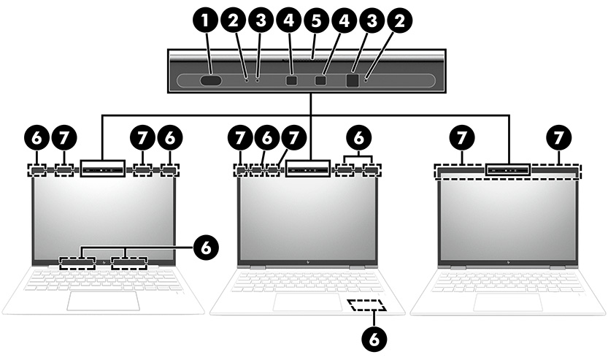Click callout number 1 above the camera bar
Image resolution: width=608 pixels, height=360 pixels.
pyautogui.click(x=209, y=22)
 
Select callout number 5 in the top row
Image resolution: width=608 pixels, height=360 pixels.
pyautogui.click(x=315, y=22)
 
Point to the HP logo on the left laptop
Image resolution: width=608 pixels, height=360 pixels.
pyautogui.click(x=104, y=261)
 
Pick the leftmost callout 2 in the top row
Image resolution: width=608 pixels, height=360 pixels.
pyautogui.click(x=233, y=22)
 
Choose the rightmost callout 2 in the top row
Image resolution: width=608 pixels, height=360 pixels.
pyautogui.click(x=398, y=22)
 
